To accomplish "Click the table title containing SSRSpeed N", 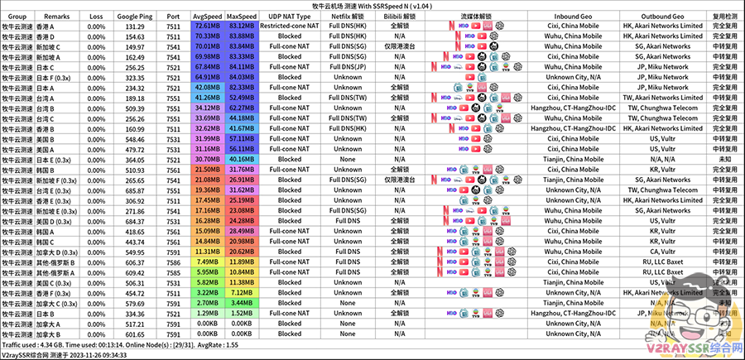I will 371,5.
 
